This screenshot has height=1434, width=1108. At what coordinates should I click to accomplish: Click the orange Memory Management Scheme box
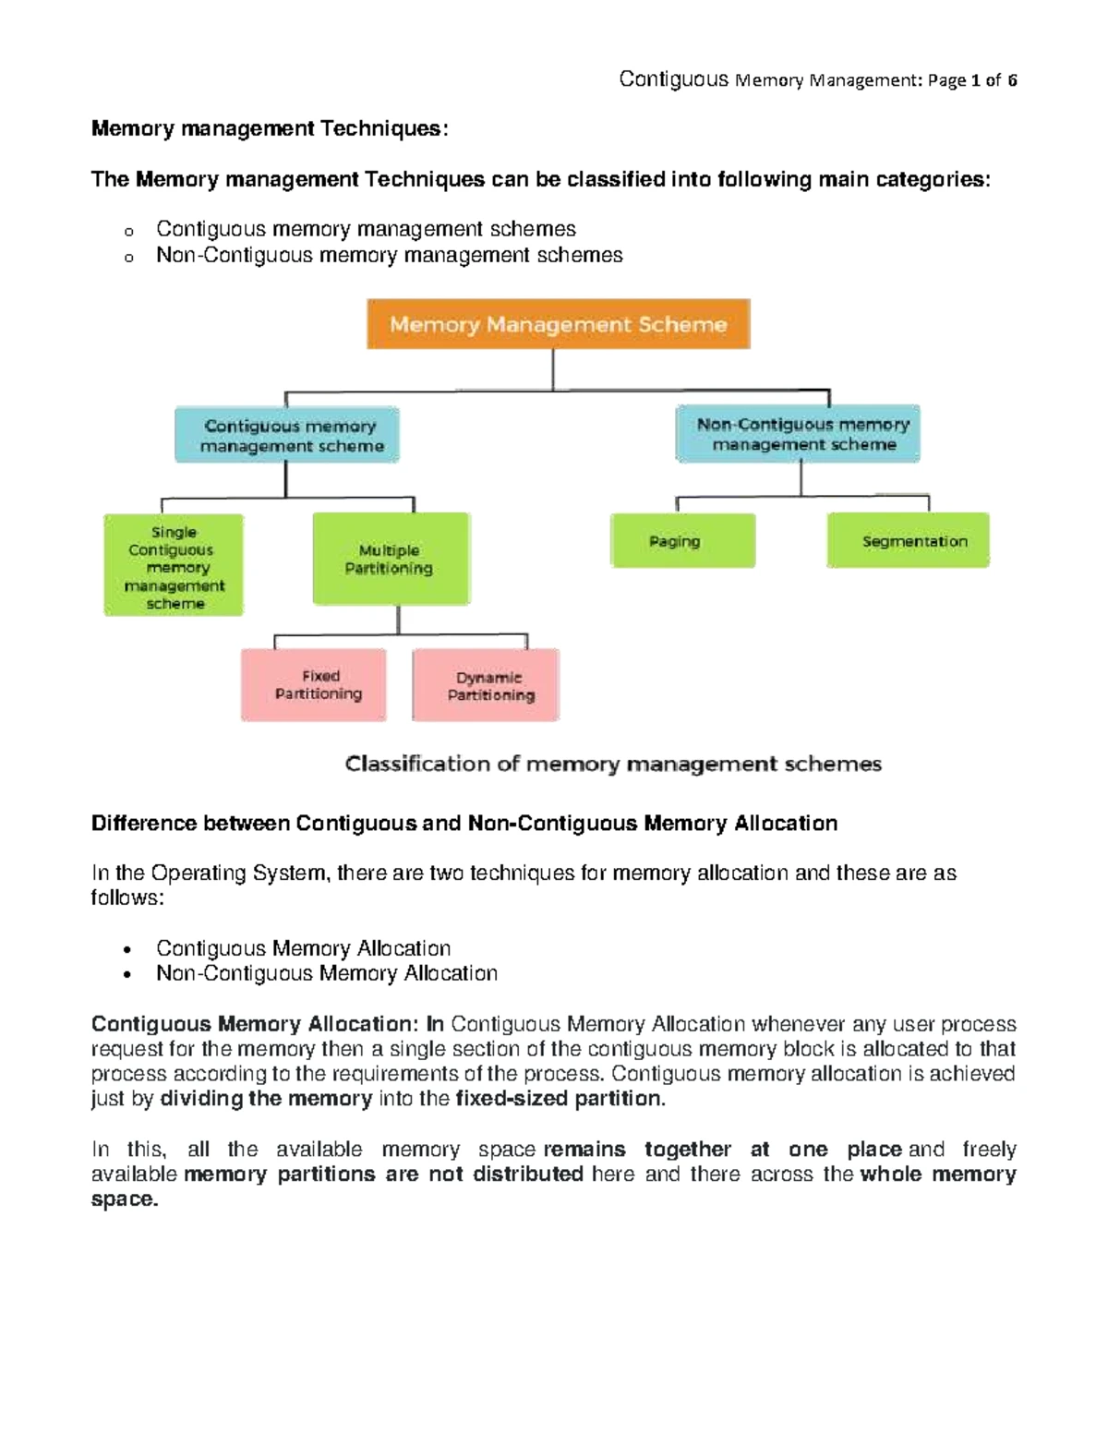coord(558,324)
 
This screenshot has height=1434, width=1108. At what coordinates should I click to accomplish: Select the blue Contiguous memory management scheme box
coord(287,435)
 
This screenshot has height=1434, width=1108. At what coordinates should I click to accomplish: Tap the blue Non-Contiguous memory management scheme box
coord(799,434)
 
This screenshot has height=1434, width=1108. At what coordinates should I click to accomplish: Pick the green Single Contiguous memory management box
coord(174,566)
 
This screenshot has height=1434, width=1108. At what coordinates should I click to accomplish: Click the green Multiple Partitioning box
coord(391,559)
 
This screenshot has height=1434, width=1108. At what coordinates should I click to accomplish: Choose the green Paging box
coord(682,541)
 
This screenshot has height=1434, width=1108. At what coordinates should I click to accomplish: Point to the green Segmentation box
coord(909,541)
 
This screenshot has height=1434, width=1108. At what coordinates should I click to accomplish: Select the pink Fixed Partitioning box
coord(314,685)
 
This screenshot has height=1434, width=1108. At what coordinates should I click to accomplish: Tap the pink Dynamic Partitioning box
coord(487,686)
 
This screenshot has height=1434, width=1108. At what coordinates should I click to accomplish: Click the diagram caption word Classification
coord(416,764)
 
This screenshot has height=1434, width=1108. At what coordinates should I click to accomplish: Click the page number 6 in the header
coord(1012,80)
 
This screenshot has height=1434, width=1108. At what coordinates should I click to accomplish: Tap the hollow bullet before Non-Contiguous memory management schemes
coord(129,258)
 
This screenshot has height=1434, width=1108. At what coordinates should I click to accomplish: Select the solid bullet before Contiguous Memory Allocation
coord(128,949)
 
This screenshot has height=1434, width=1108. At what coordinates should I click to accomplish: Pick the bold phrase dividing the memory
coord(266,1099)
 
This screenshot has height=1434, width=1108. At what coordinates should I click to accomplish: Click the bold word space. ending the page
coord(125,1199)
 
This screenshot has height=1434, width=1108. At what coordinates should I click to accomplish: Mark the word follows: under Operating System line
coord(127,898)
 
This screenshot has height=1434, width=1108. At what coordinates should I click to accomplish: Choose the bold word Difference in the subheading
coord(144,824)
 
